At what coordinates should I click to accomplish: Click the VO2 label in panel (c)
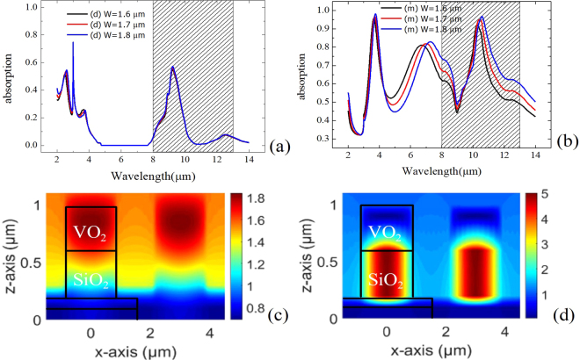91,232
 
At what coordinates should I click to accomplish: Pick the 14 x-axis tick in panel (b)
536,155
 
